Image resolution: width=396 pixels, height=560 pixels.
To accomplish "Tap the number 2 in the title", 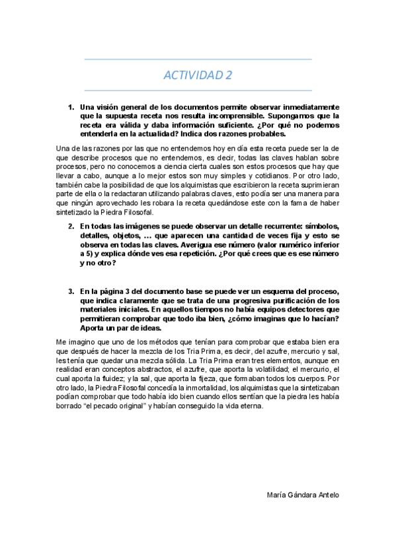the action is pos(229,75).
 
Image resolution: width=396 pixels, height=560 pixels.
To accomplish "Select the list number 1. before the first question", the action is pos(71,106).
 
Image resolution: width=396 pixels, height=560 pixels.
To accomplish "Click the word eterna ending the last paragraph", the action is pos(252,407).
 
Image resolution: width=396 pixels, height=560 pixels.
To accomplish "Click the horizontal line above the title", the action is pos(198,59).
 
